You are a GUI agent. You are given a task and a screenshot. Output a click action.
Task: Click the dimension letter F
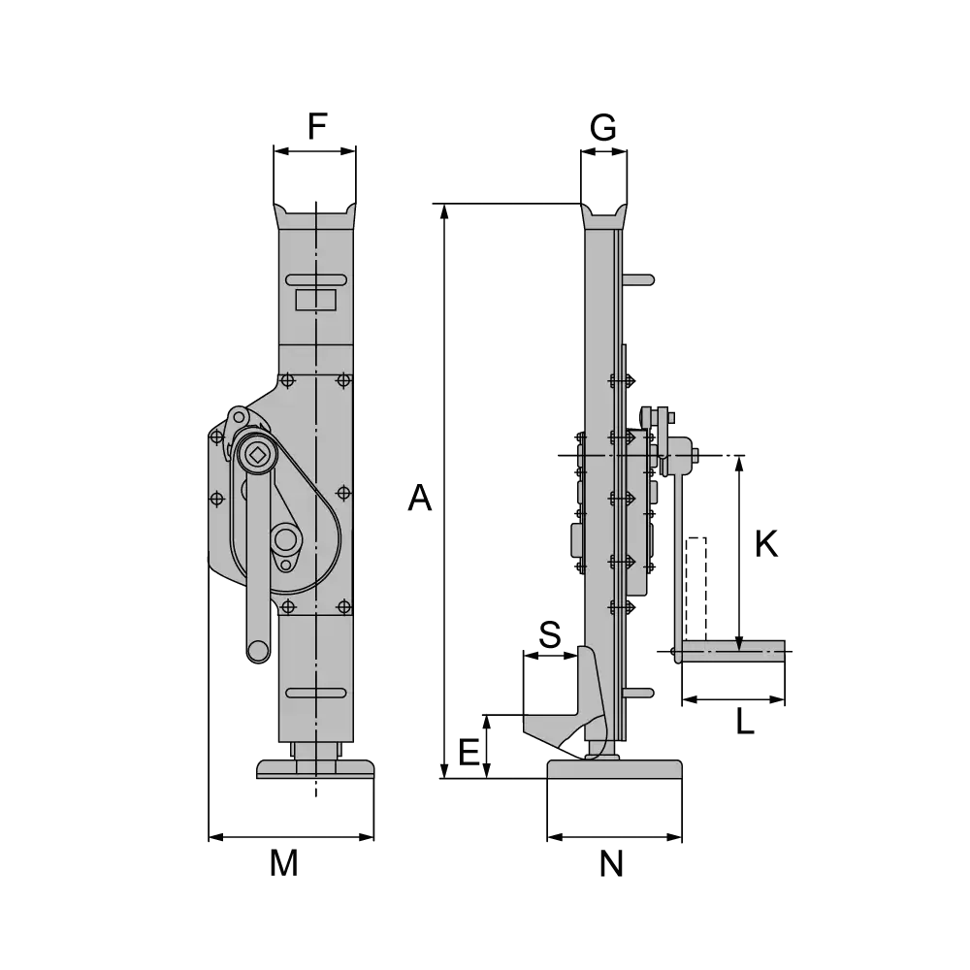(x=317, y=126)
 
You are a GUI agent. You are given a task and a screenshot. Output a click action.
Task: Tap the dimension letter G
(x=603, y=128)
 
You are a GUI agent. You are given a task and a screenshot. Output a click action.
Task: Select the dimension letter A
(x=419, y=498)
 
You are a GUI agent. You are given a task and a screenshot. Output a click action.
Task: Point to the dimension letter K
(x=766, y=544)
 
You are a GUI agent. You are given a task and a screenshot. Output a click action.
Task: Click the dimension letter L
(x=745, y=721)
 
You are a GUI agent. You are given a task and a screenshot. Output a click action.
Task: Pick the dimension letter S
(x=550, y=634)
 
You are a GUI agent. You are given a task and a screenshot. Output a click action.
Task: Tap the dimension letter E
(x=469, y=753)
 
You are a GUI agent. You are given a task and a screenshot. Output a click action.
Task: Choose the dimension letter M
(x=284, y=863)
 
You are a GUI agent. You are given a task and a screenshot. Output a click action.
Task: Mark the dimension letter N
(x=611, y=863)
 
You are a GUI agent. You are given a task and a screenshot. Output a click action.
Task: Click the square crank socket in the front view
(x=257, y=456)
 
